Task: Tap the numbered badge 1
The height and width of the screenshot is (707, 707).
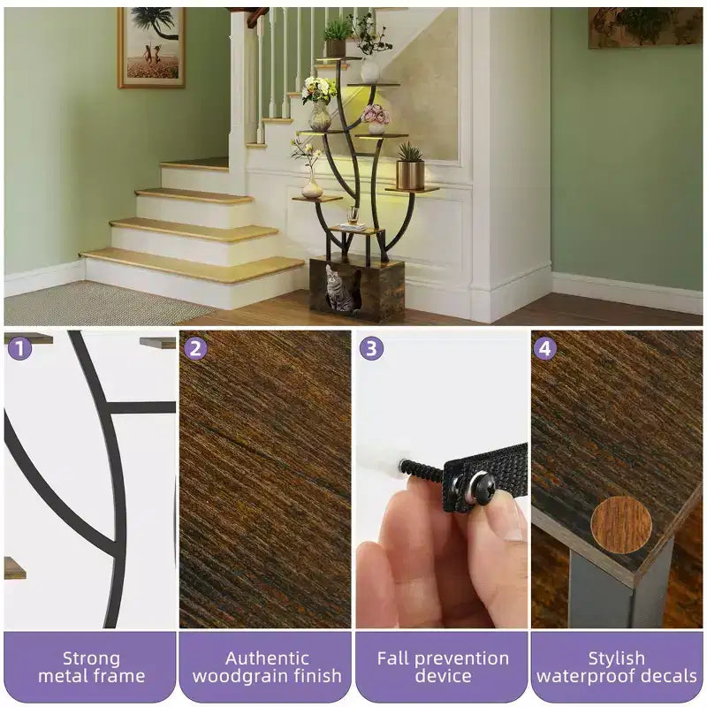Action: tap(19, 347)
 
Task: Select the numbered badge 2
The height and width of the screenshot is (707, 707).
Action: tap(195, 348)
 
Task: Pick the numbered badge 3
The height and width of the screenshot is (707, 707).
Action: tap(371, 348)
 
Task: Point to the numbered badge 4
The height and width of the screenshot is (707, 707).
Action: tap(544, 348)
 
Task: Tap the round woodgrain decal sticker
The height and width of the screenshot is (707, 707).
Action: tap(621, 524)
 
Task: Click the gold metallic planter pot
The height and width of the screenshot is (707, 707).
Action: tap(410, 175)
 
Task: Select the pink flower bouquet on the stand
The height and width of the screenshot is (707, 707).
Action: tap(375, 115)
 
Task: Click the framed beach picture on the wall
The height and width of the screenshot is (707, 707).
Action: tap(151, 47)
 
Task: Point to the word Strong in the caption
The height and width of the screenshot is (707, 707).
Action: tap(92, 658)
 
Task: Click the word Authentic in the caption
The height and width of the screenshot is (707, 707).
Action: tap(267, 658)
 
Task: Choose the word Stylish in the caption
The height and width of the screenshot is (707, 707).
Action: tap(616, 659)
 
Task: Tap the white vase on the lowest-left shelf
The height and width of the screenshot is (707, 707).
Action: tap(312, 188)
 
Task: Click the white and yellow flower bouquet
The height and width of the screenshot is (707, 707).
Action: tap(319, 89)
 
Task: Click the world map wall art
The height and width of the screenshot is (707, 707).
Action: tap(645, 27)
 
